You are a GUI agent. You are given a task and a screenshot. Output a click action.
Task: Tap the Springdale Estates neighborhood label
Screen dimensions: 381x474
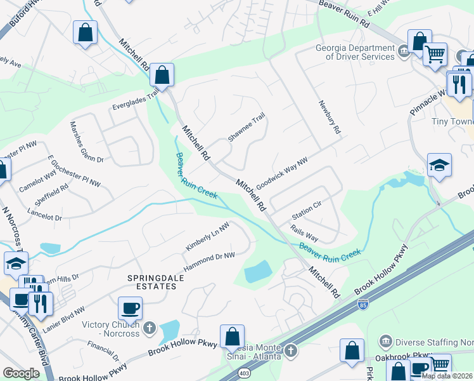(x=151, y=282)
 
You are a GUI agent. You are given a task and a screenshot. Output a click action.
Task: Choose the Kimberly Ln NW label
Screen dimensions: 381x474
(x=207, y=237)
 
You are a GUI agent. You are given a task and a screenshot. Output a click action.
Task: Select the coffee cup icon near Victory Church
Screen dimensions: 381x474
(x=130, y=309)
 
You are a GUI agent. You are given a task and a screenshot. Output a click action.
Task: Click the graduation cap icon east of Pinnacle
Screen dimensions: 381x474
(x=439, y=166)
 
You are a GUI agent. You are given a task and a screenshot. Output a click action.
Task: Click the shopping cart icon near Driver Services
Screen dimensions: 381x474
(x=435, y=55)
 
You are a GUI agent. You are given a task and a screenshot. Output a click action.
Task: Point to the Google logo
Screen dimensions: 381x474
(x=21, y=373)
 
